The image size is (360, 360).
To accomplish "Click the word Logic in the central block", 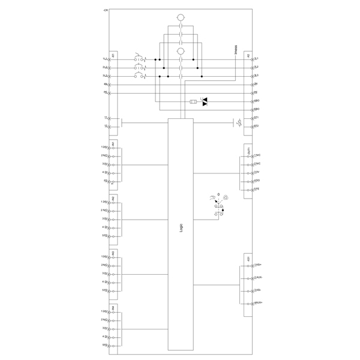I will coord(181,228).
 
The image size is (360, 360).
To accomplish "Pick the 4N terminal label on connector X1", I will coord(106,85).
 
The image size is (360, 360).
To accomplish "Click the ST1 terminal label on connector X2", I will coord(256,118).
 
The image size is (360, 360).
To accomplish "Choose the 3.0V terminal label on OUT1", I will coord(257,172).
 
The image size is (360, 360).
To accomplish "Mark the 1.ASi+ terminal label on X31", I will coord(258,265).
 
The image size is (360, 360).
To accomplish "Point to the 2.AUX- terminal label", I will coord(258,278).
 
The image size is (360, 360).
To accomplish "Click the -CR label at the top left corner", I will coord(106,11).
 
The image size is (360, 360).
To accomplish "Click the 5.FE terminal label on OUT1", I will coord(256,189).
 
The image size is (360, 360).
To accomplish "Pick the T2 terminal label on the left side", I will coord(106,127).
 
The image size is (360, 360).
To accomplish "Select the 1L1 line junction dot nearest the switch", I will coord(155,60).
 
